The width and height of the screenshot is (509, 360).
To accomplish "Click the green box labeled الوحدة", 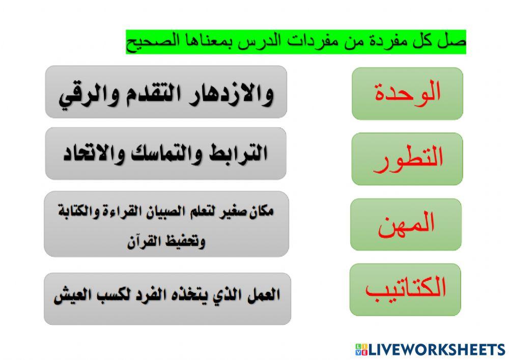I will coord(407,93).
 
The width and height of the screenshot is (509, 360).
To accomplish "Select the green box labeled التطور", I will coord(407,158).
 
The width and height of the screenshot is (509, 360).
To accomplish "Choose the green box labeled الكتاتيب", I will coord(405,289).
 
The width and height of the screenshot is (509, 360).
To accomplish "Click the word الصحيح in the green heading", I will coord(148,42).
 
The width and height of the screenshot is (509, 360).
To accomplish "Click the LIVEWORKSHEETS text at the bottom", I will coord(437,349).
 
